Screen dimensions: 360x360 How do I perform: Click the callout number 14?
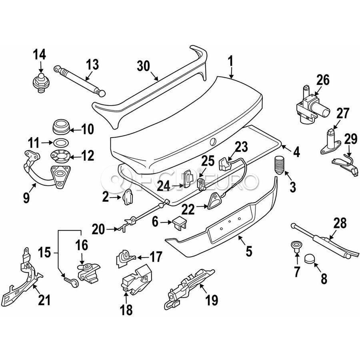tap(40, 55)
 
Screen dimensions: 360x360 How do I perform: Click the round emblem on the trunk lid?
tap(213, 142)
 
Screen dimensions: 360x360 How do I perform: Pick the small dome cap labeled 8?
tap(310, 259)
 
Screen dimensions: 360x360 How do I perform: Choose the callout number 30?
tap(144, 66)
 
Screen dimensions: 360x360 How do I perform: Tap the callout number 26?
tap(323, 80)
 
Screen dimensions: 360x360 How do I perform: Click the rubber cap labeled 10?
tap(61, 126)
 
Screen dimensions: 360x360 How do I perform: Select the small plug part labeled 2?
tap(128, 197)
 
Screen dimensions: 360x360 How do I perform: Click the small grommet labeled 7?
tap(296, 245)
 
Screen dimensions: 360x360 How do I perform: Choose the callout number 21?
tap(44, 300)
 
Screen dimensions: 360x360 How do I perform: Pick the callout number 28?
tap(340, 223)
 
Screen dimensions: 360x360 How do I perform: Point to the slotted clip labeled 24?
tap(188, 179)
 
